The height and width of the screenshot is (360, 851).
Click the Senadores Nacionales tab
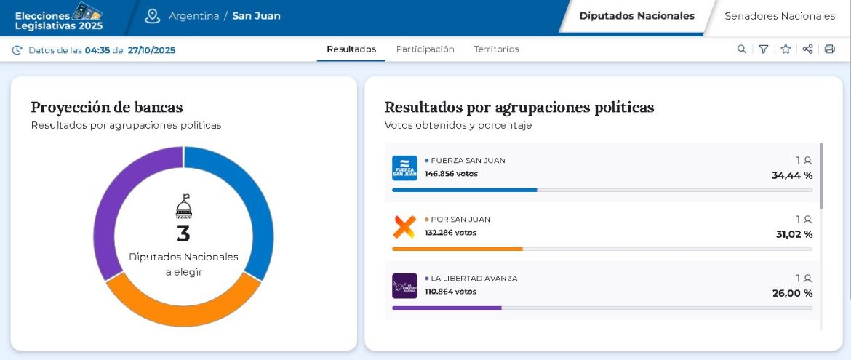(x=780, y=16)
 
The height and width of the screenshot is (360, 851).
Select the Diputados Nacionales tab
(x=636, y=16)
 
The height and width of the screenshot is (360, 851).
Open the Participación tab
(x=425, y=49)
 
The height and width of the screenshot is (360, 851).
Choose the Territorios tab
(x=496, y=49)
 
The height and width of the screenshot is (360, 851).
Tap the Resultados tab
(x=351, y=49)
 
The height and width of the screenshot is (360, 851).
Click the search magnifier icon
(x=741, y=49)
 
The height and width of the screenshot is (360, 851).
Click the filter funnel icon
(x=763, y=49)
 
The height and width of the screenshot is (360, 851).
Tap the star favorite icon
(x=786, y=49)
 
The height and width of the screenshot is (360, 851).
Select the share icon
(x=807, y=49)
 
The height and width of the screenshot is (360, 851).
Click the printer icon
(x=830, y=49)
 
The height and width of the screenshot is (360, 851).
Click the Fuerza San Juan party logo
(x=404, y=168)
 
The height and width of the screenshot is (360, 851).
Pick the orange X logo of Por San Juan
(x=404, y=227)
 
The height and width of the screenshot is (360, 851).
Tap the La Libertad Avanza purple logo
(x=404, y=286)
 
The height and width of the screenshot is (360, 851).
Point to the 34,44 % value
(x=792, y=175)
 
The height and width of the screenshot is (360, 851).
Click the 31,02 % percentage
(x=794, y=234)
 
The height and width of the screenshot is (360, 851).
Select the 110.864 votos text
(x=450, y=292)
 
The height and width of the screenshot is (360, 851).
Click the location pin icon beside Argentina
(x=152, y=16)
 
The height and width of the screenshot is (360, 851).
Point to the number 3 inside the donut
(x=183, y=234)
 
